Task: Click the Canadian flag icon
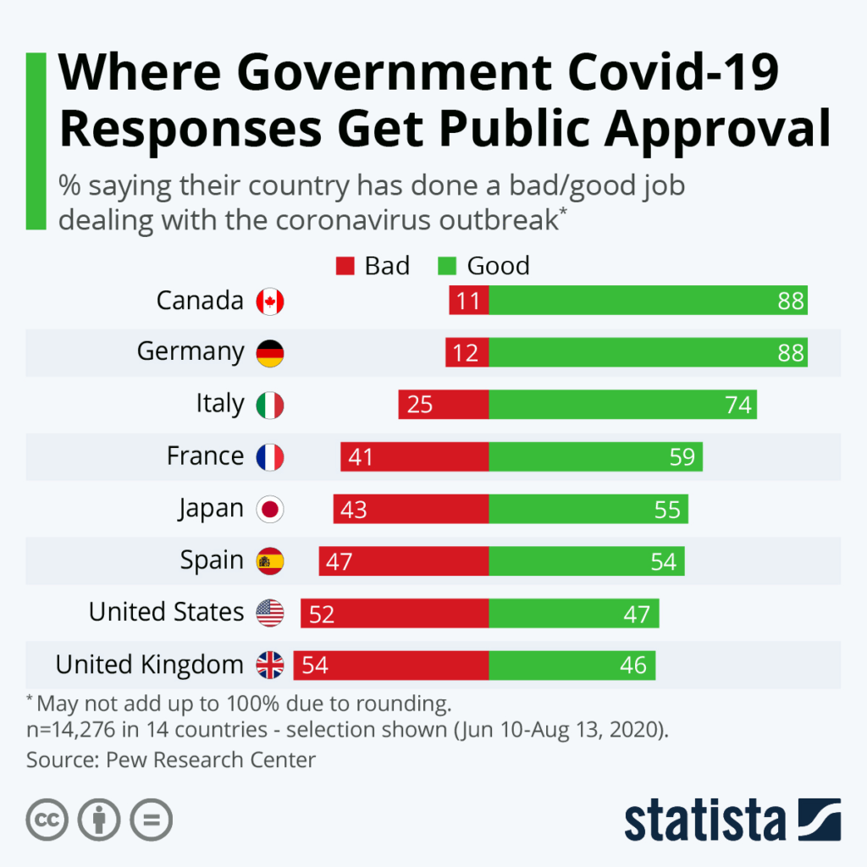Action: [x=270, y=301]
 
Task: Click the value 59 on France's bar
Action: [x=682, y=457]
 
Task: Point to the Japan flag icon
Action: [x=270, y=510]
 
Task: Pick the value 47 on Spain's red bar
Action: [x=339, y=562]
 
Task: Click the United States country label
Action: [x=167, y=611]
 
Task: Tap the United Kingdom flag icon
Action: [x=270, y=665]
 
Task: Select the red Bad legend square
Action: [x=345, y=267]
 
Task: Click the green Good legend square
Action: [x=447, y=267]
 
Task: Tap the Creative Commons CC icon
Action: [x=47, y=820]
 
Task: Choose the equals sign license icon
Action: [x=152, y=820]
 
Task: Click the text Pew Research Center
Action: [x=211, y=759]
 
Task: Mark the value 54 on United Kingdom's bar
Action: [x=314, y=665]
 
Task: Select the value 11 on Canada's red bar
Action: [x=467, y=301]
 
